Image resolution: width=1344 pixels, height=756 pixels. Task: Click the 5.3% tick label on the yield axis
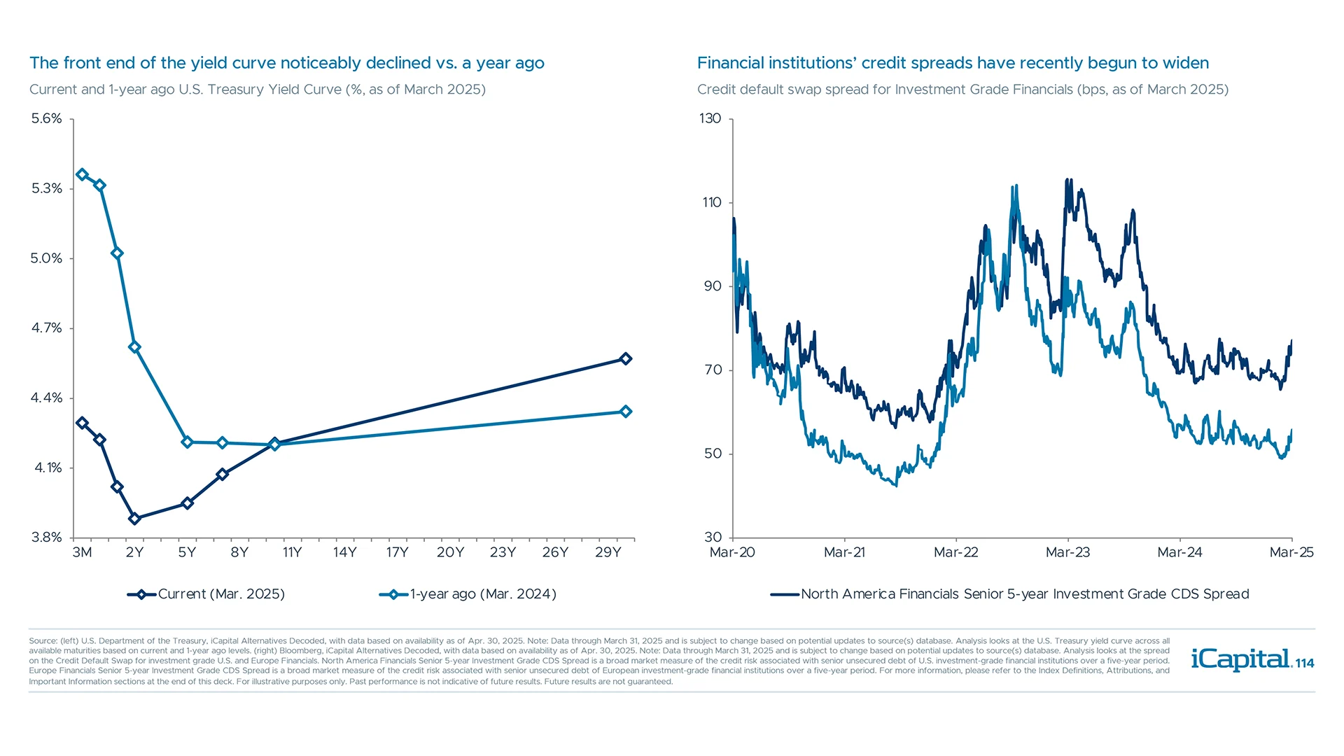(x=46, y=188)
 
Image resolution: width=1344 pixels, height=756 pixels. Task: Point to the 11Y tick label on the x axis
(x=292, y=552)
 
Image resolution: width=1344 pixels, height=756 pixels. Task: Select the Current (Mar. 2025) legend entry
(x=206, y=594)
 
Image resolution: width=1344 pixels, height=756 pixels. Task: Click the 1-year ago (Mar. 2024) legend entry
(x=468, y=594)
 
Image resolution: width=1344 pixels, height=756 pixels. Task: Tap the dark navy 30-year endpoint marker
(x=626, y=359)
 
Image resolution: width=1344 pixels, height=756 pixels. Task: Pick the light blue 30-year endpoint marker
(x=626, y=412)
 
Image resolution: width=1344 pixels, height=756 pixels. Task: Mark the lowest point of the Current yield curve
(x=134, y=519)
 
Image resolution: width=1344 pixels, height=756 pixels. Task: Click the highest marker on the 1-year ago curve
(x=82, y=174)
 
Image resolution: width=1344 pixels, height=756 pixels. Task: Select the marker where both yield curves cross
(x=274, y=444)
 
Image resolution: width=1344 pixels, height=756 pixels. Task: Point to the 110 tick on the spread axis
(x=711, y=202)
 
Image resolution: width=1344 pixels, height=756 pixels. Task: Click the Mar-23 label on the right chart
(x=1067, y=552)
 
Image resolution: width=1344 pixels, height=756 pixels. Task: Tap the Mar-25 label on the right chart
(x=1291, y=552)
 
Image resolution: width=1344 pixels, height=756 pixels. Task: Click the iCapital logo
(x=1240, y=659)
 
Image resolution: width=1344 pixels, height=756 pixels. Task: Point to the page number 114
(x=1305, y=664)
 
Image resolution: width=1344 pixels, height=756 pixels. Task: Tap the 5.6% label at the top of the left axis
(x=46, y=118)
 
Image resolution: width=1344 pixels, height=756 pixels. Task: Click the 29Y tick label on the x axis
(x=608, y=552)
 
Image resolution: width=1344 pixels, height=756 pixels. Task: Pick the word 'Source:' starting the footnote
(x=43, y=640)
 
